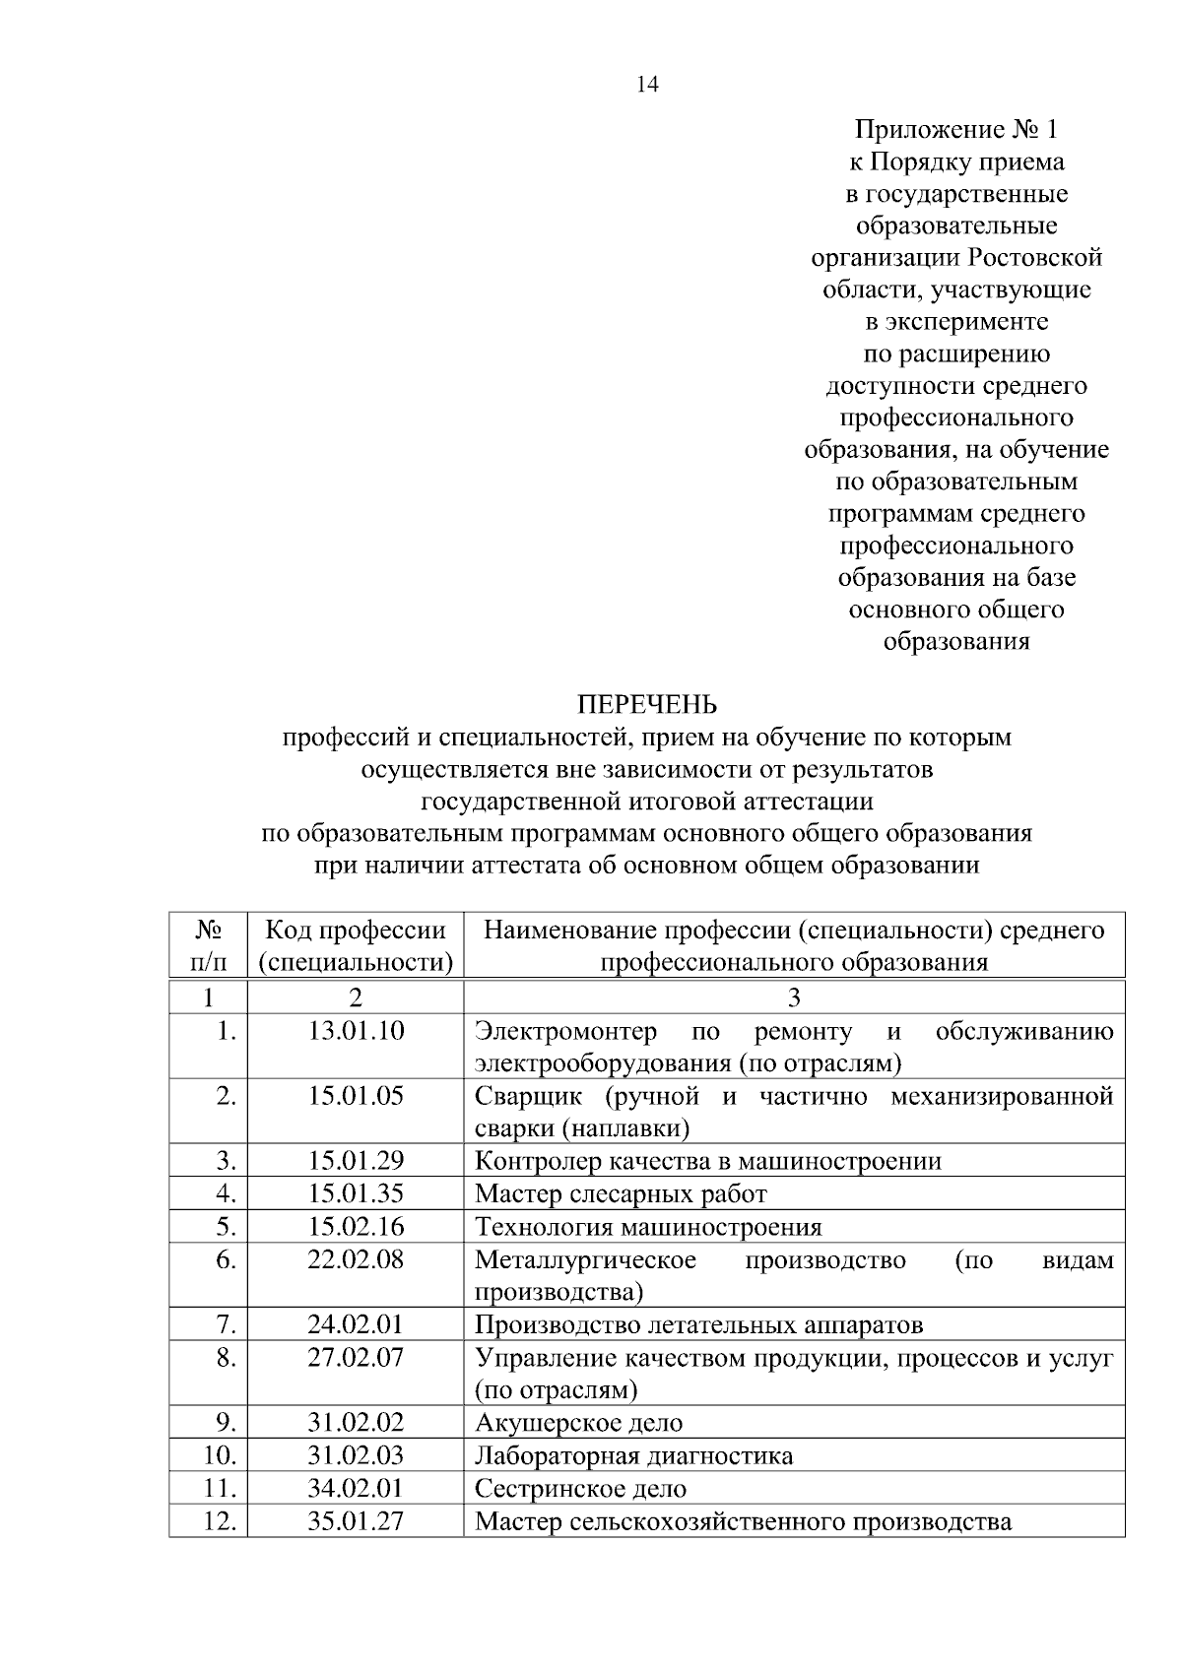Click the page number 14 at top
tap(647, 84)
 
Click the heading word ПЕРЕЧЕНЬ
tap(646, 705)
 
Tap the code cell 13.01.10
tap(356, 1031)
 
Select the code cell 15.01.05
tap(356, 1096)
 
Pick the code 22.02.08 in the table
tap(356, 1258)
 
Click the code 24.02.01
tap(356, 1324)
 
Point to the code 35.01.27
tap(356, 1520)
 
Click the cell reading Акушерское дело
tap(578, 1422)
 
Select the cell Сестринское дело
tap(580, 1488)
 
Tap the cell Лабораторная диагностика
tap(633, 1455)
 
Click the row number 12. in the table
tap(219, 1520)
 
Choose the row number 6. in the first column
tap(226, 1258)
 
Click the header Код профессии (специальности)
tap(356, 945)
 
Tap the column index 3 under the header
tap(794, 997)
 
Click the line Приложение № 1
tap(955, 129)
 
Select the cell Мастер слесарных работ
tap(621, 1193)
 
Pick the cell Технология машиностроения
tap(648, 1227)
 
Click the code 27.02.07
tap(356, 1357)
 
